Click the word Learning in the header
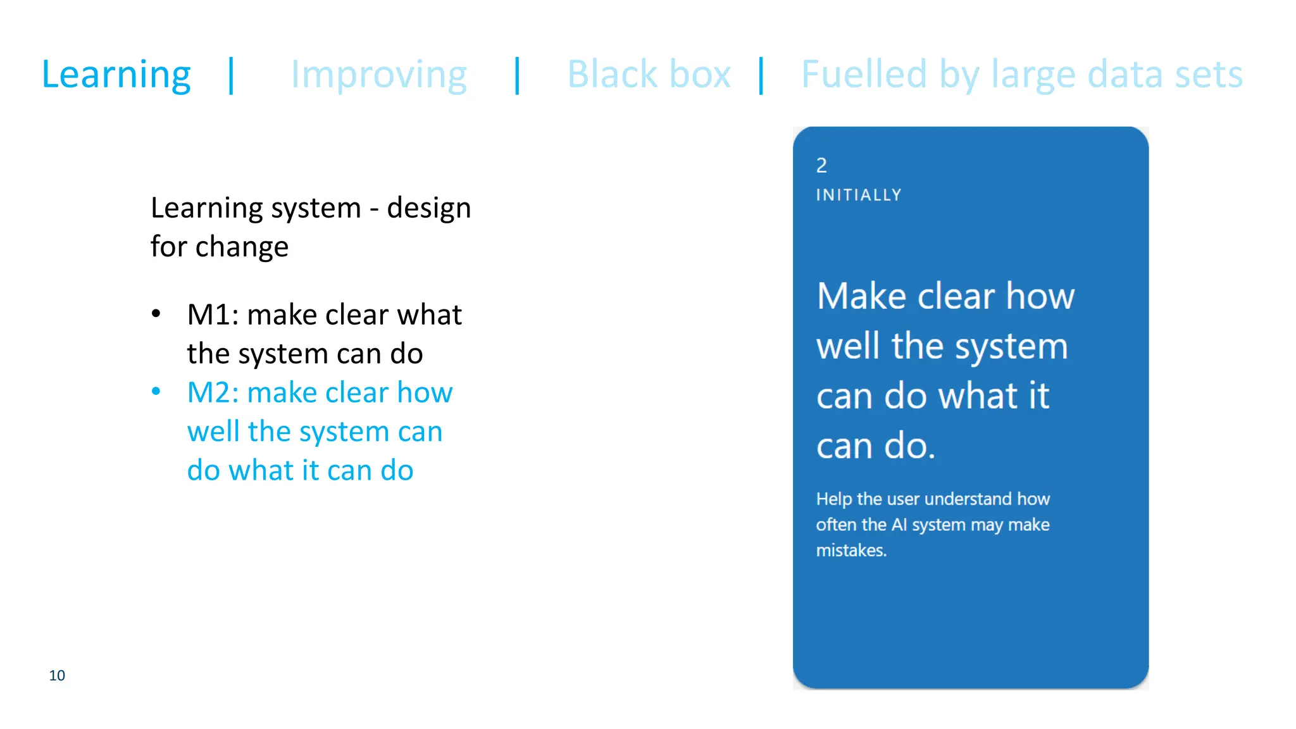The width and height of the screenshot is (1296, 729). (116, 75)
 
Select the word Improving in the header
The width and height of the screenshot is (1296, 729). (378, 75)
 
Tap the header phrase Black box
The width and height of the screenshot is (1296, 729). (649, 74)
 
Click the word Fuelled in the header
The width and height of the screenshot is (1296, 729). (864, 74)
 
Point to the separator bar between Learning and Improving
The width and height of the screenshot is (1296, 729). (232, 75)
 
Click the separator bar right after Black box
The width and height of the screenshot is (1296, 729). (761, 75)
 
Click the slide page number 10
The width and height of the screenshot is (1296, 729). (57, 675)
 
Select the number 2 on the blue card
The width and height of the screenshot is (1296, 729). (821, 166)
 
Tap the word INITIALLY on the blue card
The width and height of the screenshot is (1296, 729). (859, 195)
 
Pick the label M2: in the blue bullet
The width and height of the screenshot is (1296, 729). (213, 392)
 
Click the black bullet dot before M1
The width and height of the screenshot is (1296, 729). (156, 313)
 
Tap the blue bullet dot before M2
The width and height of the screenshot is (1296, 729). (156, 391)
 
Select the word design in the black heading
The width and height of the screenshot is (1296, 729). (429, 208)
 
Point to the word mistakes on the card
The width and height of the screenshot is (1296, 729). (850, 551)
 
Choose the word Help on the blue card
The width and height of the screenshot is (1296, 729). (833, 499)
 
